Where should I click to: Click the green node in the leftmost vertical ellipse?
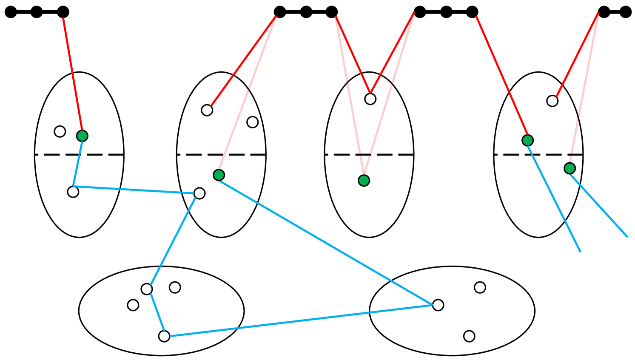[x=82, y=136]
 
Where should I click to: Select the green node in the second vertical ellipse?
[x=219, y=175]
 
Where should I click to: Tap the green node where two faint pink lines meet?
[x=364, y=181]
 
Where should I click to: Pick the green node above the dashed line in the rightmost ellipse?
[x=527, y=140]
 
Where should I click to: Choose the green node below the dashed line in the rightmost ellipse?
[x=570, y=168]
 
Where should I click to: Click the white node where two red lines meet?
[x=370, y=99]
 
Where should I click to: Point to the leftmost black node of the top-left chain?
[x=11, y=12]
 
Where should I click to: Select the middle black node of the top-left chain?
[x=37, y=12]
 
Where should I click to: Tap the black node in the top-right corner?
[x=625, y=12]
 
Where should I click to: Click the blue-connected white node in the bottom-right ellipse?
[x=438, y=305]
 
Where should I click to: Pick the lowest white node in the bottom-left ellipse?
[x=164, y=336]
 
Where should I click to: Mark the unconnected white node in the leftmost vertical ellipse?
[x=60, y=131]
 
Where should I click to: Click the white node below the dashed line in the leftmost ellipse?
[x=73, y=192]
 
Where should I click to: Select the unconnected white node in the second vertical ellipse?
[x=253, y=122]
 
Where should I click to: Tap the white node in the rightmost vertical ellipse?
[x=552, y=101]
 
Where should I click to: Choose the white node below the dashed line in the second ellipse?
[x=199, y=193]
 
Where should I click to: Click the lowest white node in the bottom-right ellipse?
[x=469, y=336]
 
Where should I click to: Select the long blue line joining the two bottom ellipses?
[x=298, y=321]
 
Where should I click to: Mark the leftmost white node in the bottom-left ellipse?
[x=133, y=305]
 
